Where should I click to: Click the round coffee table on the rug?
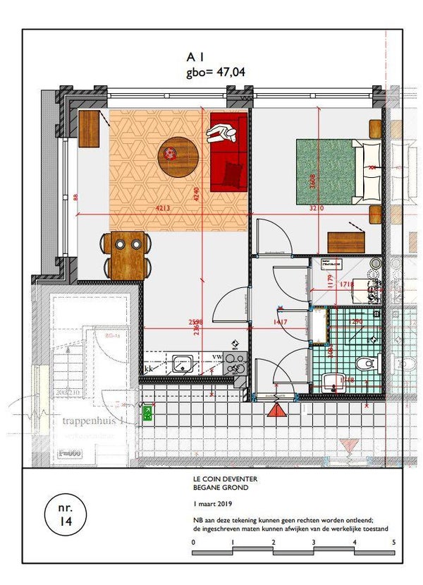click(178, 157)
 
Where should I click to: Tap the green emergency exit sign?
click(148, 413)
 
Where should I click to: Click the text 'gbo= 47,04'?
click(215, 71)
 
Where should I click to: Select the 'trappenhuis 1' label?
click(93, 421)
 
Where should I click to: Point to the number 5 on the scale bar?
click(393, 542)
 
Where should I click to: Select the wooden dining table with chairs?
click(128, 254)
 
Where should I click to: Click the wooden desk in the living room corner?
click(89, 129)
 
